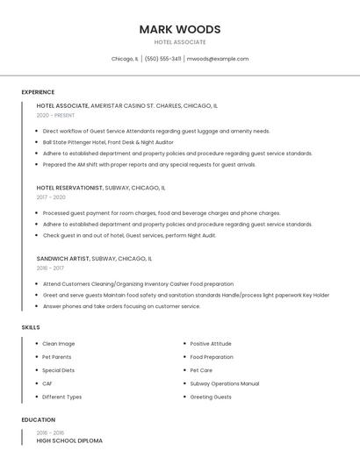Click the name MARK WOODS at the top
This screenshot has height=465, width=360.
click(x=179, y=29)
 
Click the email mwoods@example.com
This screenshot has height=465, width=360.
click(x=218, y=59)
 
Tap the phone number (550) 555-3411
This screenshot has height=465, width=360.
click(x=163, y=59)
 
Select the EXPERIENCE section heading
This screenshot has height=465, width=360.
click(x=38, y=92)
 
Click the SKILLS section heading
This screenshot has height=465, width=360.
click(x=31, y=327)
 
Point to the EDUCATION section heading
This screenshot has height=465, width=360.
click(x=38, y=419)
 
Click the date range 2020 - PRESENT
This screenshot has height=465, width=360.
click(x=55, y=115)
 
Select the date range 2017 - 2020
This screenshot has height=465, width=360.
click(x=51, y=197)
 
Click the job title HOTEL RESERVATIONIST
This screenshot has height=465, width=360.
click(x=69, y=188)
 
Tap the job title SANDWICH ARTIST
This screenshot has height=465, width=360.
click(x=63, y=259)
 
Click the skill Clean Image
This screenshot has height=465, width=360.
click(x=59, y=344)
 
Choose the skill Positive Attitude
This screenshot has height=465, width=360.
click(x=211, y=344)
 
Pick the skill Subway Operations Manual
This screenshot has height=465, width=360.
click(x=224, y=383)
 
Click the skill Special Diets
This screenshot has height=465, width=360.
click(x=59, y=370)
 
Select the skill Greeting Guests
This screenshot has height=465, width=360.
click(x=211, y=397)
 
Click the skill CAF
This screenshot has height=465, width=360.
click(x=47, y=383)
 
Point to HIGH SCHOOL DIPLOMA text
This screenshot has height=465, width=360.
click(x=69, y=440)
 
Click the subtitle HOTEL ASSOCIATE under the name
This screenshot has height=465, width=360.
click(x=179, y=42)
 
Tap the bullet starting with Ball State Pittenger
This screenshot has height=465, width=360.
click(x=108, y=142)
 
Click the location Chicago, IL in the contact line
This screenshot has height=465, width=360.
click(x=125, y=59)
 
